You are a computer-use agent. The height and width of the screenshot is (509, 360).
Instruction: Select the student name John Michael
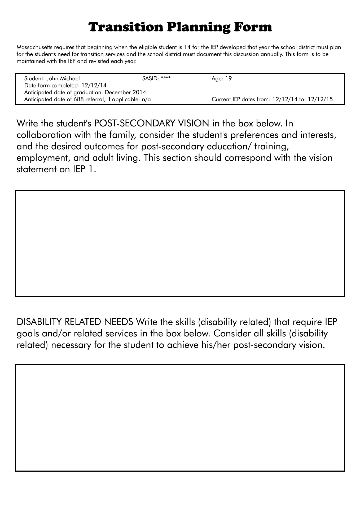[63, 78]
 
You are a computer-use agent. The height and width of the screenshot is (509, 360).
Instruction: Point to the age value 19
[229, 78]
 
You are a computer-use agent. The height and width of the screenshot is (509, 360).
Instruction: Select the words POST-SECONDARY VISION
[150, 124]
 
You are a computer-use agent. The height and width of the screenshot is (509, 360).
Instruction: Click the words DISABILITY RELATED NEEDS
[75, 322]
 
